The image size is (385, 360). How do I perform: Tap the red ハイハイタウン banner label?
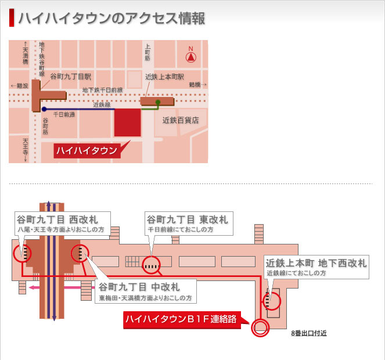[86, 151]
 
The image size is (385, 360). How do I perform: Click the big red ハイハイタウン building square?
[127, 122]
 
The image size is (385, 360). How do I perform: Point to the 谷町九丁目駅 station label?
[71, 77]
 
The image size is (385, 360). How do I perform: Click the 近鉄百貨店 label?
[181, 120]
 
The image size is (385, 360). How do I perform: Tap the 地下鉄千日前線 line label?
[102, 90]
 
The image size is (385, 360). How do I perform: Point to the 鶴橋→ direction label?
[197, 85]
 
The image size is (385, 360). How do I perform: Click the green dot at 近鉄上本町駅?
[157, 102]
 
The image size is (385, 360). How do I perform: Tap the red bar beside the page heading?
[12, 18]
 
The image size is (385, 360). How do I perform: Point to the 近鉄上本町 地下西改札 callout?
[315, 267]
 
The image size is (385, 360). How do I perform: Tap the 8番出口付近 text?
[309, 334]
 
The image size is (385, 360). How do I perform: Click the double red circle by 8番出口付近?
[259, 328]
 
